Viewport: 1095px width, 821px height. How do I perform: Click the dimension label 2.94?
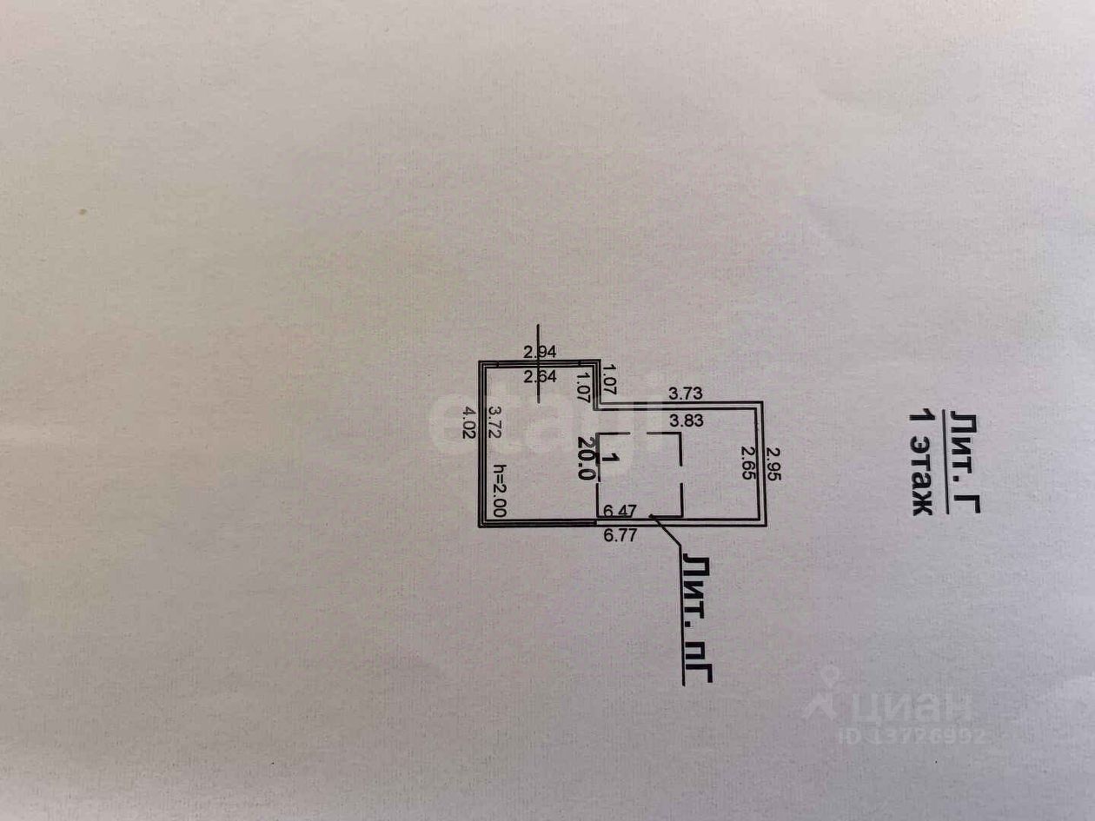(540, 352)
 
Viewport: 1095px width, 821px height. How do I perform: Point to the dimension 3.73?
(686, 394)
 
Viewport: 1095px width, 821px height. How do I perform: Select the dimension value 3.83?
(686, 420)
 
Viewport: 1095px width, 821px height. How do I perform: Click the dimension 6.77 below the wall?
(620, 534)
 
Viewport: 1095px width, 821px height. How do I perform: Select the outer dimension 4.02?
(469, 422)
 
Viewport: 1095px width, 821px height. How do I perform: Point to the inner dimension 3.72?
(494, 422)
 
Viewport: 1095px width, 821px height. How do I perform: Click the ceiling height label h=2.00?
(498, 490)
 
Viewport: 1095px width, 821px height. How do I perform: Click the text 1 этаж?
(921, 463)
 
